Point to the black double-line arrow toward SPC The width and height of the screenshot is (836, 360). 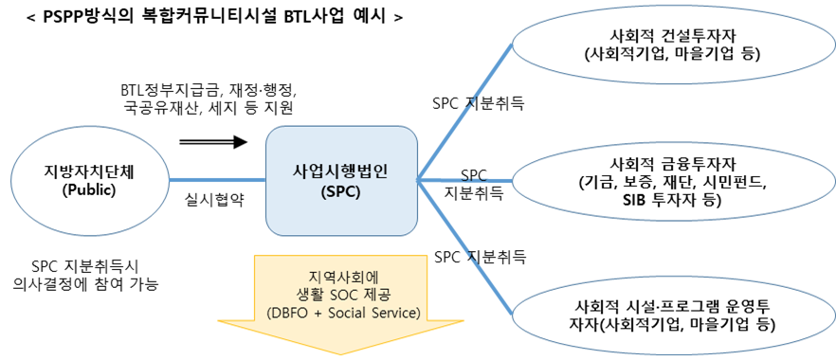[212, 141]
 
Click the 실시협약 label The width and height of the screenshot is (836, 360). [214, 200]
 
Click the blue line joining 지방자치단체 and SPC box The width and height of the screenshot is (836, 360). [217, 179]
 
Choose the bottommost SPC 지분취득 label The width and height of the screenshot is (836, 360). [480, 257]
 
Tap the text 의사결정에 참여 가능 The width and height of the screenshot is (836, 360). [83, 283]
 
